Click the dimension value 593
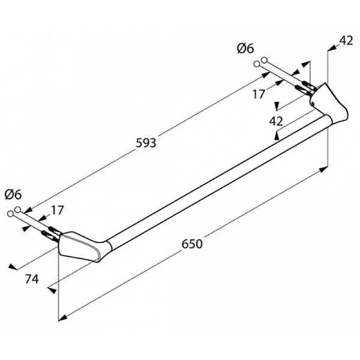146,143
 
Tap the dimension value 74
33,279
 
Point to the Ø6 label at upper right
245,49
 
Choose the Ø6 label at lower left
13,194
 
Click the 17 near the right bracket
259,94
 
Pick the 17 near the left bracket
58,209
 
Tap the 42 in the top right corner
346,40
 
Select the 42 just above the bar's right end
276,121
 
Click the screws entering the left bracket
50,230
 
